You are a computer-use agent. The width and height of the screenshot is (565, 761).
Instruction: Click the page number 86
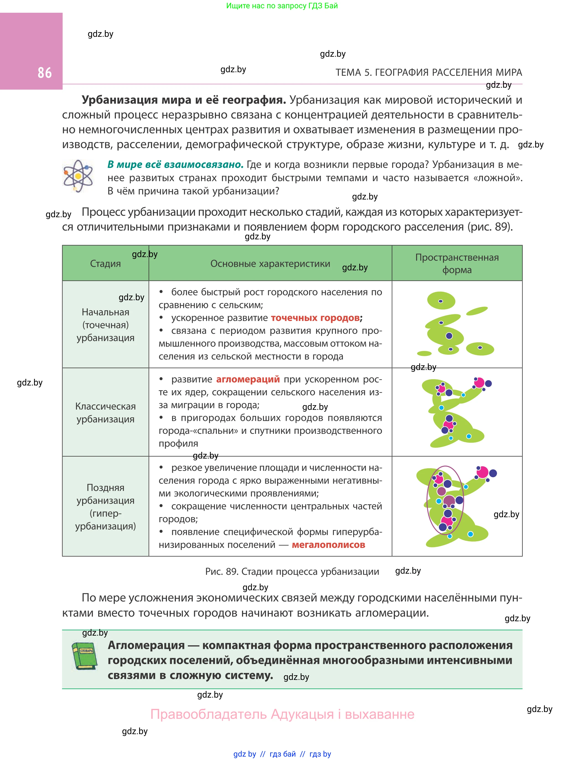[x=45, y=73]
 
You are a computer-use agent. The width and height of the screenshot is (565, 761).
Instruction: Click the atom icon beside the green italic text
[x=78, y=176]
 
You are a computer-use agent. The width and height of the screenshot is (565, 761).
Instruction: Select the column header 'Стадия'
[x=105, y=263]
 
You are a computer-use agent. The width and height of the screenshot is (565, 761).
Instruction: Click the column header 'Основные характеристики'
[x=270, y=263]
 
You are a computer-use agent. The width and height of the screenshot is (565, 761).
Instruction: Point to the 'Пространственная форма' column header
[x=457, y=263]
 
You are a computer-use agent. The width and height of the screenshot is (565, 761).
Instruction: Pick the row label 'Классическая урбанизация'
[x=105, y=413]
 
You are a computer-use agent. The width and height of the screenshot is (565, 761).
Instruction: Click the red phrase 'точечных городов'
[x=315, y=318]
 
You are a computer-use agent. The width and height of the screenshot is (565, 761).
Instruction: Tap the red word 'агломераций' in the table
[x=248, y=379]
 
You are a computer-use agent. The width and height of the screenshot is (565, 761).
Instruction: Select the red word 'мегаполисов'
[x=328, y=545]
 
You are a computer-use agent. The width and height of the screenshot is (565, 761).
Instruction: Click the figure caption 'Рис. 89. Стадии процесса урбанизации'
[x=292, y=572]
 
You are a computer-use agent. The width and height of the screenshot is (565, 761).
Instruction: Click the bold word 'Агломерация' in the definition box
[x=146, y=645]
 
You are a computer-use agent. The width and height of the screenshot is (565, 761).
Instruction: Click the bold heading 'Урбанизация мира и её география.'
[x=184, y=100]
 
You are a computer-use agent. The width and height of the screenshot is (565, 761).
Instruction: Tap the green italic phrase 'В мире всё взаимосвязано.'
[x=175, y=165]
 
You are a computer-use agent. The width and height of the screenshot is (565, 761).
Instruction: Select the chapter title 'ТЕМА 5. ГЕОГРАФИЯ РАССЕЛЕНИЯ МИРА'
[x=429, y=73]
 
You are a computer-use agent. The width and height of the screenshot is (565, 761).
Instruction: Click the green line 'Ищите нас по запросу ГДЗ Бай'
[x=282, y=6]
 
